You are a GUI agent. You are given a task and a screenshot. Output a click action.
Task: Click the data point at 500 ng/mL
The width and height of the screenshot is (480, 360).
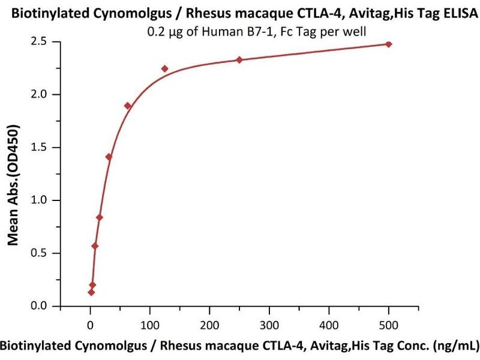pyautogui.click(x=389, y=44)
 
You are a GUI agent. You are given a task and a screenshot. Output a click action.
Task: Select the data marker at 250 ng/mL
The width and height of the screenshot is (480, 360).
pyautogui.click(x=239, y=59)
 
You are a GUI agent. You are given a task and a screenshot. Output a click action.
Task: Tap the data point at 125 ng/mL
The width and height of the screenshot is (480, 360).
pyautogui.click(x=165, y=68)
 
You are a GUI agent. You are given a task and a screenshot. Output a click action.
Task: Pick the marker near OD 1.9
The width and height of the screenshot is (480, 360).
pyautogui.click(x=128, y=106)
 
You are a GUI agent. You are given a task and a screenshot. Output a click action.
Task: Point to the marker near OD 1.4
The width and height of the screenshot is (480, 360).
pyautogui.click(x=109, y=157)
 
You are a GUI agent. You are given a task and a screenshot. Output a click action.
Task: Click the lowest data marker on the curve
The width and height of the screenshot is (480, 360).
pyautogui.click(x=91, y=292)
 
